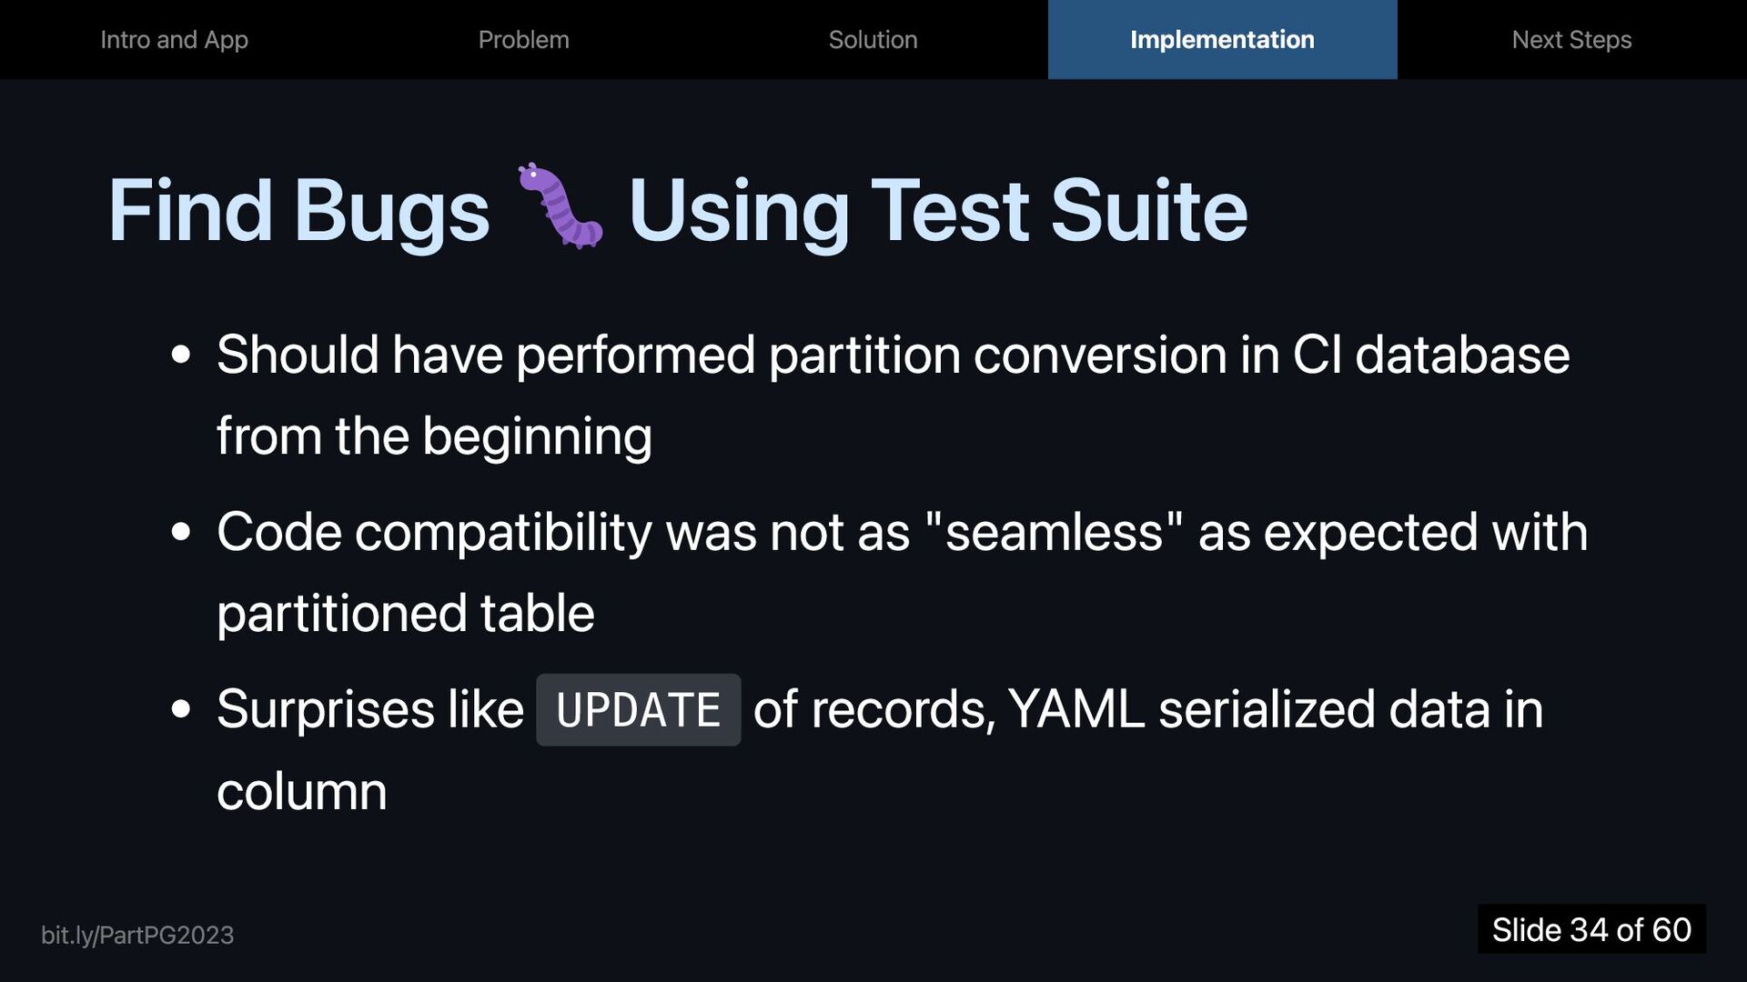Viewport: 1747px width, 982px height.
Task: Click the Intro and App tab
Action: click(x=174, y=40)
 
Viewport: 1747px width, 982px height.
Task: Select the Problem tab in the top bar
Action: click(x=524, y=40)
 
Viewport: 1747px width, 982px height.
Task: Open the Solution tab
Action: click(x=873, y=40)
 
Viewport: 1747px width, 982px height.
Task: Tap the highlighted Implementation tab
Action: click(x=1222, y=40)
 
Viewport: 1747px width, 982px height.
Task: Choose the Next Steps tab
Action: click(x=1571, y=40)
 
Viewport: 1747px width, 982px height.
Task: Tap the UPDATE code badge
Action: click(x=638, y=710)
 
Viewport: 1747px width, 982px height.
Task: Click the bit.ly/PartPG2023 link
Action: click(x=137, y=936)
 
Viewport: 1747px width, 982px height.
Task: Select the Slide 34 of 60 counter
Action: click(x=1591, y=929)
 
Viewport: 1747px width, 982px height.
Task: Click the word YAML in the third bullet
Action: click(x=1076, y=710)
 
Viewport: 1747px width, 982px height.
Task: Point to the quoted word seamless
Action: click(x=1055, y=532)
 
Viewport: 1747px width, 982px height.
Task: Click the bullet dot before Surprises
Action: click(x=181, y=709)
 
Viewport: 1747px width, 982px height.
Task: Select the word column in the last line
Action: click(x=302, y=791)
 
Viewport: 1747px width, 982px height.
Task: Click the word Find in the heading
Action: click(x=190, y=210)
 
